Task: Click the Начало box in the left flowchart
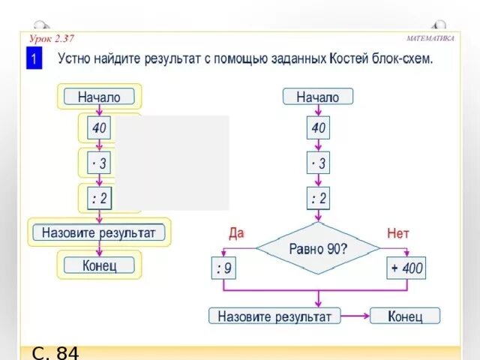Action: pyautogui.click(x=99, y=96)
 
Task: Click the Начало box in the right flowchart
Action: pyautogui.click(x=317, y=97)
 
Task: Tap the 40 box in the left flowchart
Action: pyautogui.click(x=99, y=128)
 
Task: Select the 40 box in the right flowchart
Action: pyautogui.click(x=319, y=129)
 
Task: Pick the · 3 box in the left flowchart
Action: pyautogui.click(x=99, y=162)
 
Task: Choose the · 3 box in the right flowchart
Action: pyautogui.click(x=319, y=163)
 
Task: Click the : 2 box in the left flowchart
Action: pyautogui.click(x=99, y=198)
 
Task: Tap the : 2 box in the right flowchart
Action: pyautogui.click(x=319, y=199)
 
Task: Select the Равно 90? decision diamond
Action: pyautogui.click(x=318, y=247)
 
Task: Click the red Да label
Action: pyautogui.click(x=236, y=233)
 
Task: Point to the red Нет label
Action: pyautogui.click(x=398, y=233)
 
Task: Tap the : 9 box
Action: pyautogui.click(x=224, y=267)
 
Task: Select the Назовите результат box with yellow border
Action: pyautogui.click(x=99, y=232)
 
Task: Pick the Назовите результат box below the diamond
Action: pyautogui.click(x=274, y=316)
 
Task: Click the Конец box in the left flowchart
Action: pyautogui.click(x=99, y=265)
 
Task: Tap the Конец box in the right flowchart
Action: pyautogui.click(x=405, y=316)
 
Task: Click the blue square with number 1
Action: pyautogui.click(x=34, y=59)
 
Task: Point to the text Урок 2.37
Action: pyautogui.click(x=52, y=38)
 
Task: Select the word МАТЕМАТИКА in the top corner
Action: pyautogui.click(x=430, y=38)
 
